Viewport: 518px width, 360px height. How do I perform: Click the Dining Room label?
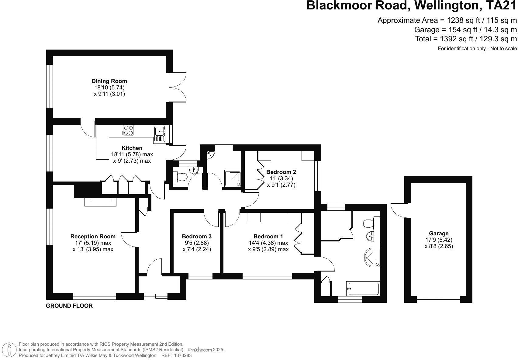click(x=109, y=81)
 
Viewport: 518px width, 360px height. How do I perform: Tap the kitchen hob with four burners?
click(x=128, y=130)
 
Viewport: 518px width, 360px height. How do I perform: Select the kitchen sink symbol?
click(x=160, y=134)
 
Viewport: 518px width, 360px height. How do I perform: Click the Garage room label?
click(x=438, y=234)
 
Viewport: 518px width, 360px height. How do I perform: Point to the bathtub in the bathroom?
click(x=363, y=289)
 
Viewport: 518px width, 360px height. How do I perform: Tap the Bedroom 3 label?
click(x=196, y=236)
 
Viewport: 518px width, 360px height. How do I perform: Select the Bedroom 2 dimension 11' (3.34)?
click(x=281, y=178)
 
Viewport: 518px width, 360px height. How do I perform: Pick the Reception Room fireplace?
click(x=100, y=201)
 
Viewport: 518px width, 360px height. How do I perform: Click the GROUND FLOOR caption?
click(x=69, y=306)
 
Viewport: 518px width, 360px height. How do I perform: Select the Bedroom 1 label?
click(x=268, y=236)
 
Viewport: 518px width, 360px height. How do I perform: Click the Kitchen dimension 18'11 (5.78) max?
click(x=132, y=154)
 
